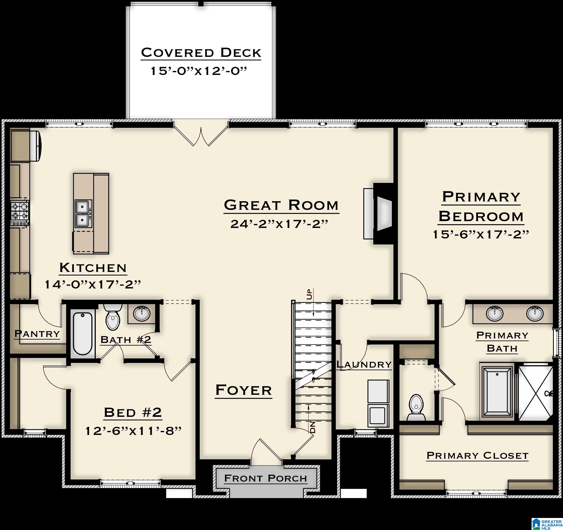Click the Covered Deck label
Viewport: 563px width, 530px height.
click(201, 53)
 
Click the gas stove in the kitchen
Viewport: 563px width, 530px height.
click(20, 211)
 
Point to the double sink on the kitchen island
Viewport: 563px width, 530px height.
click(83, 214)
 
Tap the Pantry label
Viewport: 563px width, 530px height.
click(37, 334)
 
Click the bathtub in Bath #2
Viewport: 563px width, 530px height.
click(82, 334)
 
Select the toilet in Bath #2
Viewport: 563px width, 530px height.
click(113, 317)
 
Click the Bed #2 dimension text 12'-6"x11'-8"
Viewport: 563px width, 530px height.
click(133, 431)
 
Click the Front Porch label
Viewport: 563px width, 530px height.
click(265, 478)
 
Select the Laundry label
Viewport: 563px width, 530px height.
click(364, 364)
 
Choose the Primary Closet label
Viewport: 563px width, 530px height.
click(477, 455)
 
